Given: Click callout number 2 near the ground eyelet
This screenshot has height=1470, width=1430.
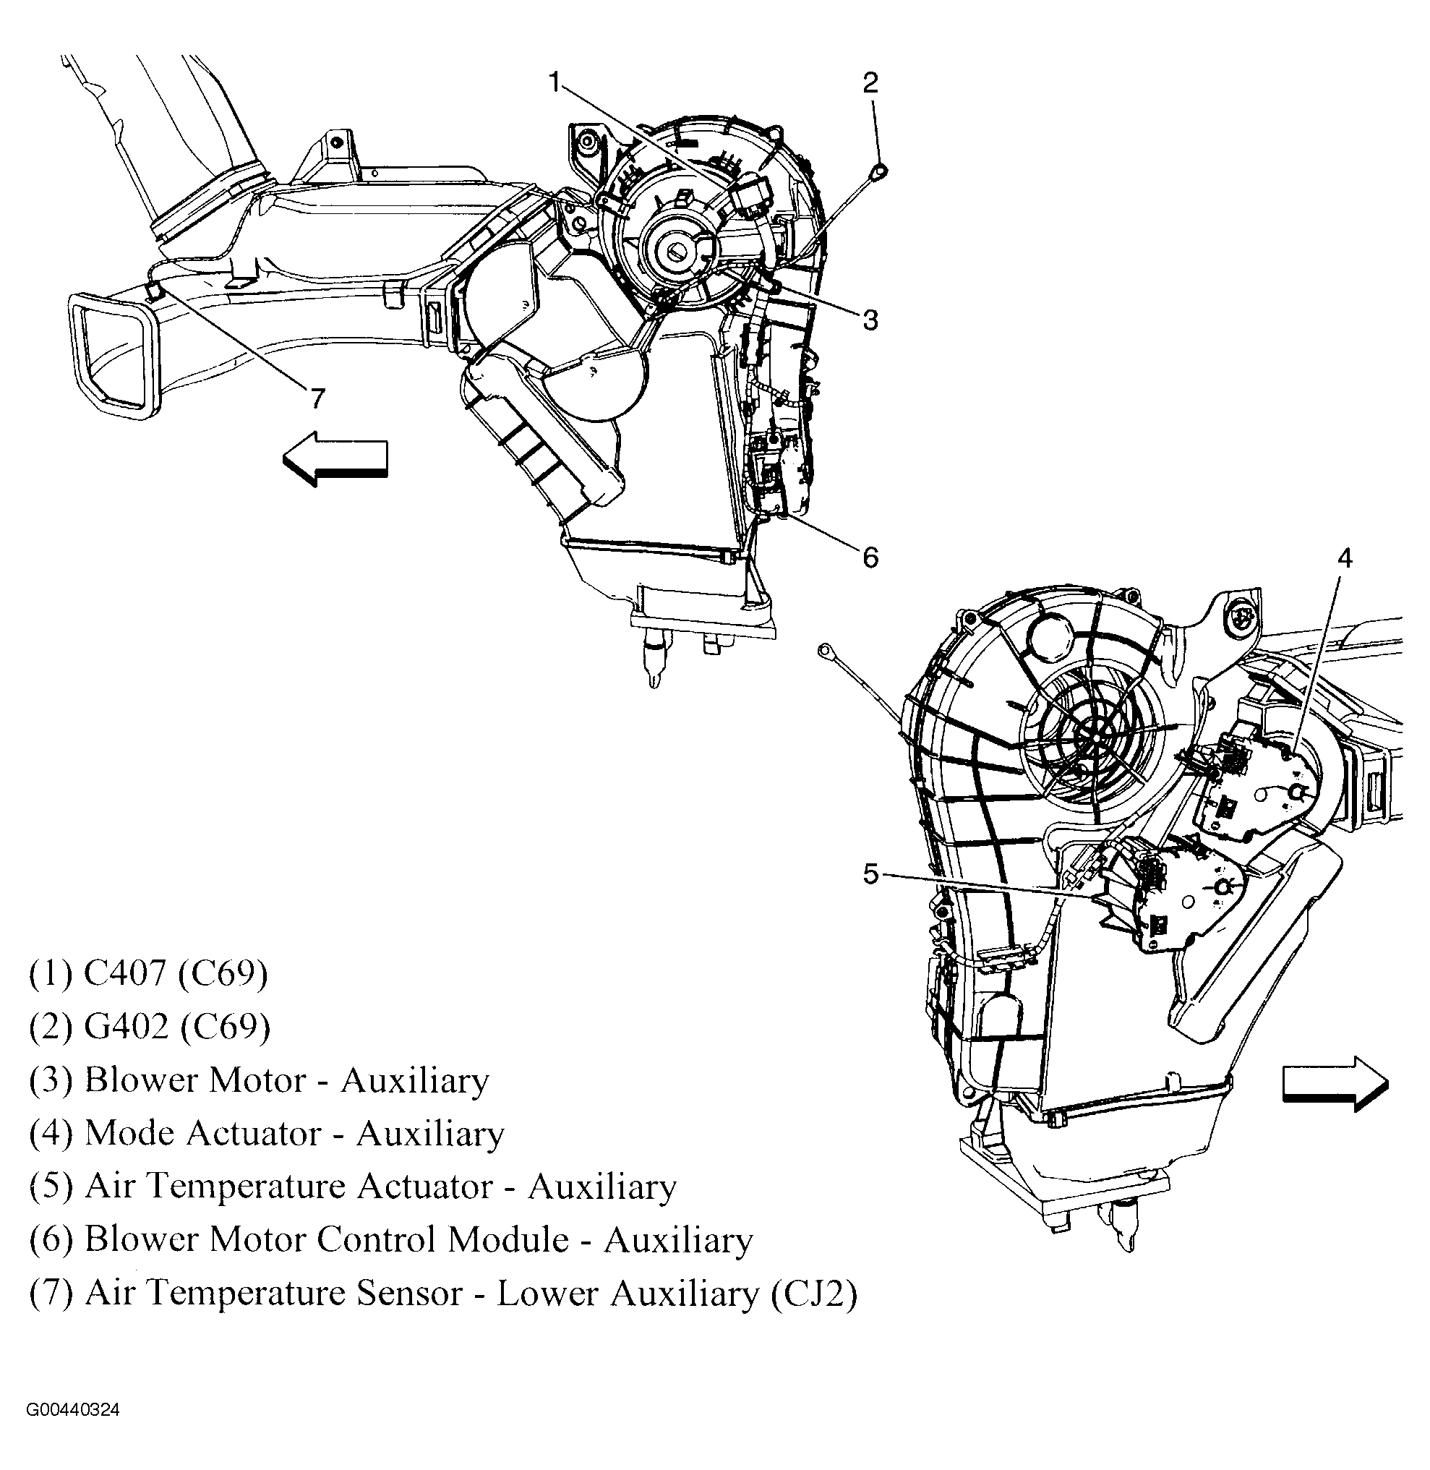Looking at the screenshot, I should (x=870, y=82).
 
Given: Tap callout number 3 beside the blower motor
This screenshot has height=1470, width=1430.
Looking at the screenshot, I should (x=870, y=321).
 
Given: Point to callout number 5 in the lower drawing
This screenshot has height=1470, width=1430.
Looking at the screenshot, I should (x=870, y=874).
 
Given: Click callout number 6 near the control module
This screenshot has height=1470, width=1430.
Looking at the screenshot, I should (x=870, y=557).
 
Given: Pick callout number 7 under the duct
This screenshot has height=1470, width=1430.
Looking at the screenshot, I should (x=317, y=398).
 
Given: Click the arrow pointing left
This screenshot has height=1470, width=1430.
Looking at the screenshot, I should (x=335, y=458).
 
